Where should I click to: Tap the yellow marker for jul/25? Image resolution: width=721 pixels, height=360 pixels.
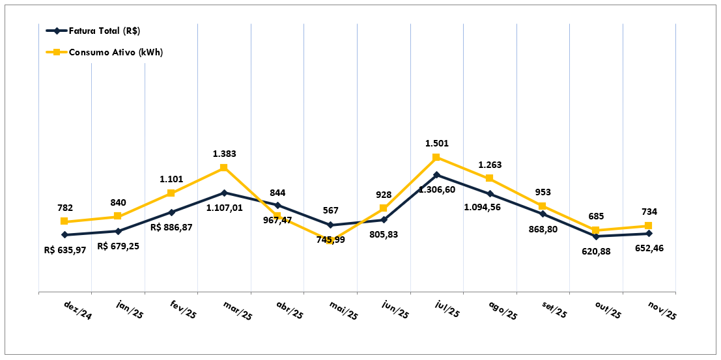(x=436, y=158)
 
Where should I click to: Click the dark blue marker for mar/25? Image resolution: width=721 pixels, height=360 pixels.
(x=224, y=193)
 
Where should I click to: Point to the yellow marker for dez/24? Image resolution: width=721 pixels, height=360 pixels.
(x=64, y=221)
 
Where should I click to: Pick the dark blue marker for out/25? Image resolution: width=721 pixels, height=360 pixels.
(x=595, y=236)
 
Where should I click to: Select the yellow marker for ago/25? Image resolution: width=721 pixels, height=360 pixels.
(x=489, y=178)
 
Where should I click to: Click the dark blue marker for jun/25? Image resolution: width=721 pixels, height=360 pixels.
(x=384, y=220)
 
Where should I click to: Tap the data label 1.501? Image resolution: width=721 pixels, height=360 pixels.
(x=437, y=143)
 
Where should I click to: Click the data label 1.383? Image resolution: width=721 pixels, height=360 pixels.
(x=225, y=154)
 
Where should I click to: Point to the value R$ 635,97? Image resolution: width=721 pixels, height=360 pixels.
(x=66, y=249)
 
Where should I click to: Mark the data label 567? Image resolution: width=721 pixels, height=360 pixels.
(x=332, y=211)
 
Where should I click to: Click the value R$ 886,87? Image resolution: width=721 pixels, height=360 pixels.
(x=171, y=227)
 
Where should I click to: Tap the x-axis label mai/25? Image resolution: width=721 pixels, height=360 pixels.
(x=343, y=310)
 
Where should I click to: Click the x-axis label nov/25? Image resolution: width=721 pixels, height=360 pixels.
(x=662, y=310)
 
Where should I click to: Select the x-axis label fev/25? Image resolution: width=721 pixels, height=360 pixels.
(x=183, y=310)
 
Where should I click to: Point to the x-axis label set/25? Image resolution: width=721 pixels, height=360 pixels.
(x=555, y=310)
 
